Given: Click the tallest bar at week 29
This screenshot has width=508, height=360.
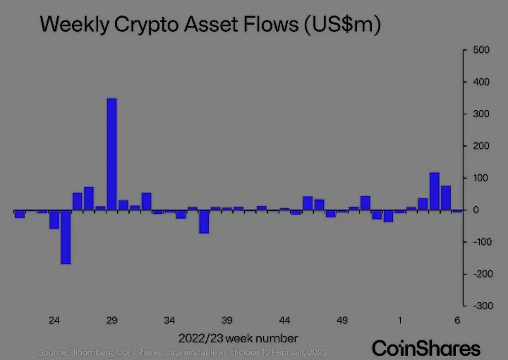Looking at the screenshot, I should click(111, 154).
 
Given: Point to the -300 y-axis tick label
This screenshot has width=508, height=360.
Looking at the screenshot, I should click(478, 306).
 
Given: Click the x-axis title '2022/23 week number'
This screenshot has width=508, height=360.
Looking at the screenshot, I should click(238, 337).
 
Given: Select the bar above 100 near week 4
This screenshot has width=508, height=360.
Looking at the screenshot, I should click(434, 191).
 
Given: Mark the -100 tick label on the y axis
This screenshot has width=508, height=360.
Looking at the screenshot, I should click(478, 242).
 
